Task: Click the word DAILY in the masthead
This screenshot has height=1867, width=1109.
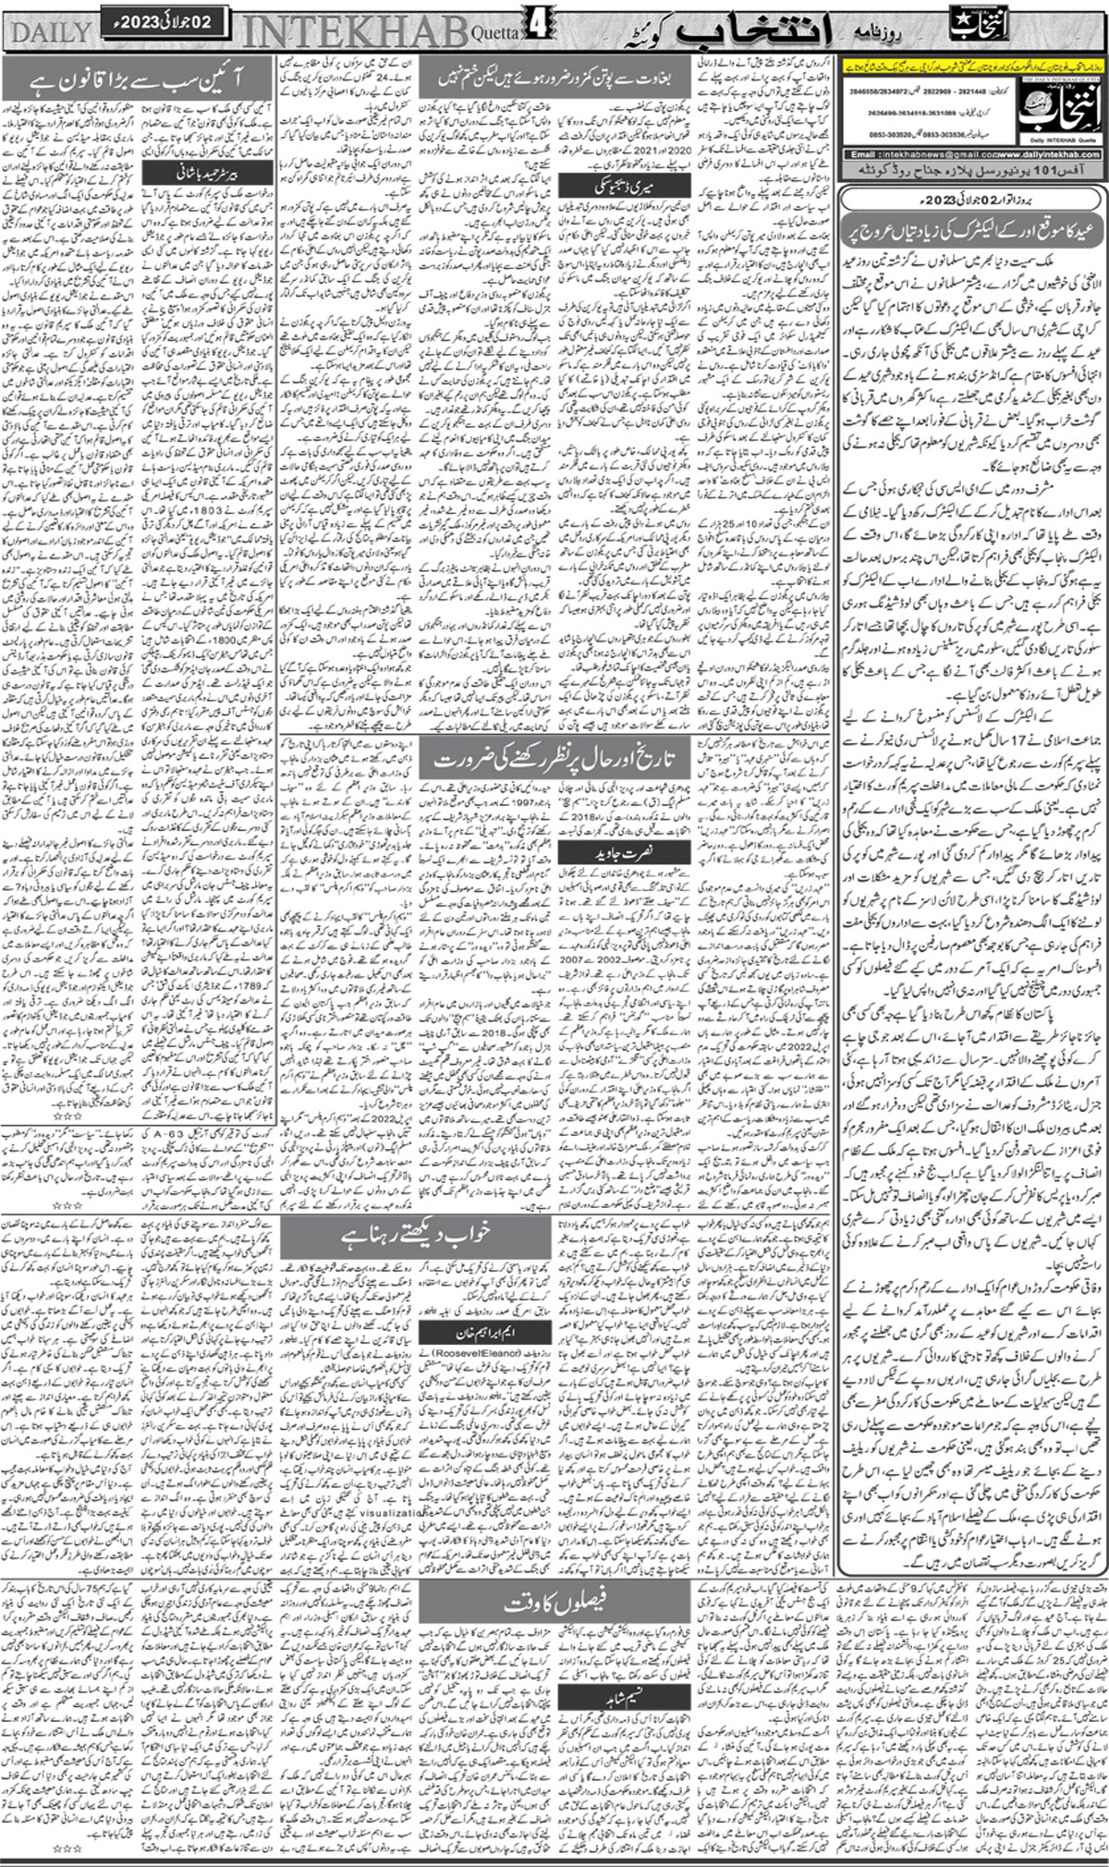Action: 52,32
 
